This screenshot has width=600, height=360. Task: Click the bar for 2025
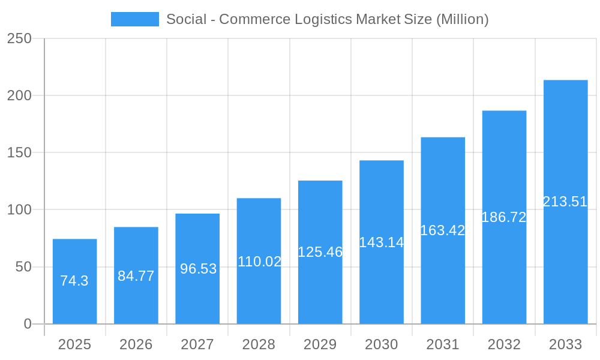(75, 281)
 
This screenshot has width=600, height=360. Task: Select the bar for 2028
(259, 261)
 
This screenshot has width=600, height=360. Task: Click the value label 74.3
(75, 281)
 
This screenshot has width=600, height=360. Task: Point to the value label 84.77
(136, 276)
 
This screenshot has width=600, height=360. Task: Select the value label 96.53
(198, 269)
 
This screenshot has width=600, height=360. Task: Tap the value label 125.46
(320, 252)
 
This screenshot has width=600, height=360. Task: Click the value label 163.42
(443, 230)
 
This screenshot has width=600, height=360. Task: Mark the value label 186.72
(504, 217)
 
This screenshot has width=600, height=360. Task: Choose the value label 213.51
(565, 202)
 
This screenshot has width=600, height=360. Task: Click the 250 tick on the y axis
(19, 38)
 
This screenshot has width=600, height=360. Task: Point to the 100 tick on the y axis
(19, 210)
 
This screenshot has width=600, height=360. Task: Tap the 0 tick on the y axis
(28, 324)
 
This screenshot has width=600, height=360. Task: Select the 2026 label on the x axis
(136, 344)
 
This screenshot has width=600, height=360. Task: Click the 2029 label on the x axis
(320, 344)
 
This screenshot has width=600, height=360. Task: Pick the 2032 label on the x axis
(504, 344)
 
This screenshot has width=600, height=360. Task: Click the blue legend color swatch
(135, 19)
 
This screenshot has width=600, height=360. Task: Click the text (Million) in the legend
(462, 19)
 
